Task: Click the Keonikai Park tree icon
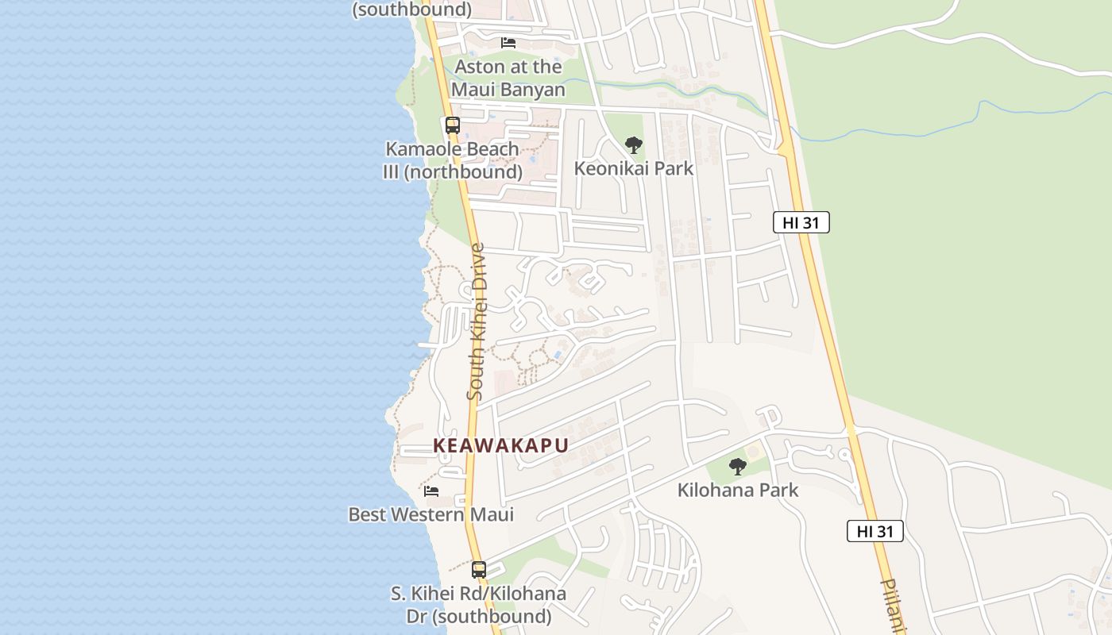click(633, 145)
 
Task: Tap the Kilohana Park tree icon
click(738, 467)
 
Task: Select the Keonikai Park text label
click(633, 168)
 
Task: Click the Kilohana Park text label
click(737, 490)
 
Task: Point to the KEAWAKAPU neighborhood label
click(500, 445)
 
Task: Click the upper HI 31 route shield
click(801, 223)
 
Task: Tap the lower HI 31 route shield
click(875, 532)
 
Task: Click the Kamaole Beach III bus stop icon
click(452, 125)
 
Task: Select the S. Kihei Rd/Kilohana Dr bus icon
click(478, 570)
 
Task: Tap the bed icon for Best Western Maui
click(431, 491)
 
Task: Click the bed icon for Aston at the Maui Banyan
click(508, 43)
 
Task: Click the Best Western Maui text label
click(431, 514)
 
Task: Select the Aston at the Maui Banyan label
click(508, 78)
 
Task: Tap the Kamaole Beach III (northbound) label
click(452, 160)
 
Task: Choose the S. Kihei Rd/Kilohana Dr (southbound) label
click(478, 605)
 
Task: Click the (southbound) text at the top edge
click(411, 10)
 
